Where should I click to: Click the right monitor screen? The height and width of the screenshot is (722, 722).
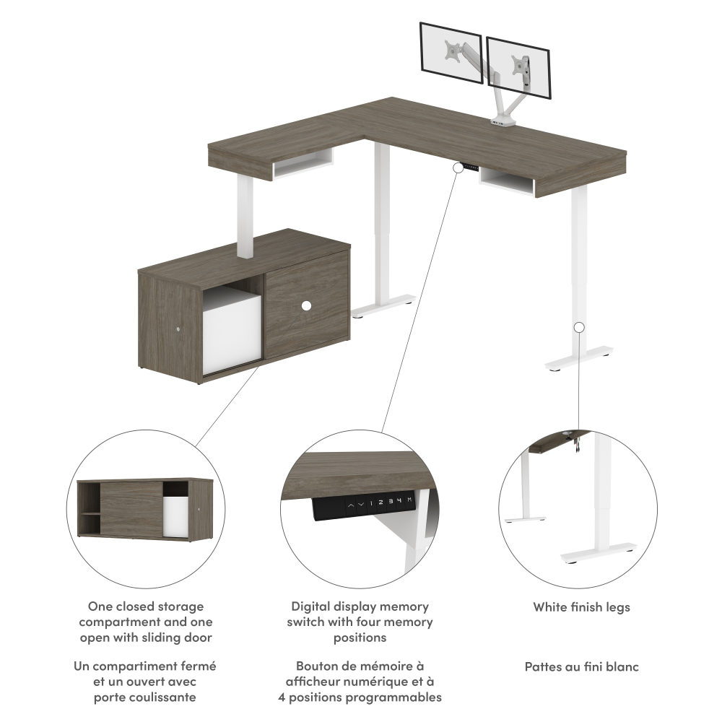click(518, 67)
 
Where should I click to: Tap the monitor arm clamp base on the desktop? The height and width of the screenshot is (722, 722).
click(503, 122)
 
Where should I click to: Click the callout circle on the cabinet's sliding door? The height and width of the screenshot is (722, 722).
click(305, 305)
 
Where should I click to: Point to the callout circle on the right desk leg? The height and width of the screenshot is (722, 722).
click(579, 327)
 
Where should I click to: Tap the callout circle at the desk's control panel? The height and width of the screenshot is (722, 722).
click(458, 168)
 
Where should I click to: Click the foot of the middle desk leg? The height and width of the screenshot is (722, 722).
click(383, 306)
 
